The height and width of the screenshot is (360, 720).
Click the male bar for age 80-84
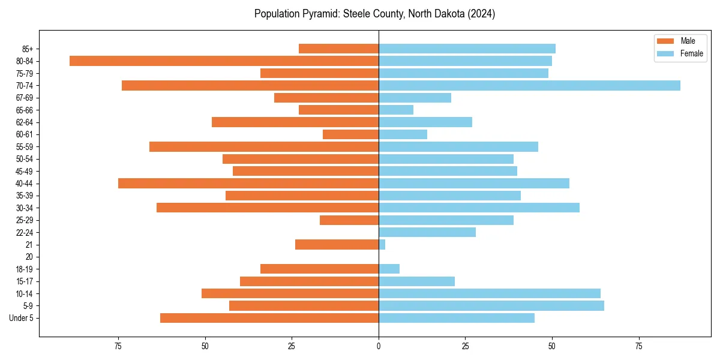224,61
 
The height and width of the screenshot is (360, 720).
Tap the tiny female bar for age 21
382,245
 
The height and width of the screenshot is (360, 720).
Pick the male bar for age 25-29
349,220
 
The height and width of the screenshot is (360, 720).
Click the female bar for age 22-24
427,232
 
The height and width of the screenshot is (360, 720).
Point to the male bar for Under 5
269,318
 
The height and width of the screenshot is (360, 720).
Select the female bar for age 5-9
491,306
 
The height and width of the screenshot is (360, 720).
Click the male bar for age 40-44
248,184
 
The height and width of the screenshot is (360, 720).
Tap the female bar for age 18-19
389,269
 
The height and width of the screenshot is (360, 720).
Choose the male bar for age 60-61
350,134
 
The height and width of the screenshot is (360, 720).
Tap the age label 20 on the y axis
29,257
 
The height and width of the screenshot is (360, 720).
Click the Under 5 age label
21,318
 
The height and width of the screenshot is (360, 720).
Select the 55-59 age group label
25,147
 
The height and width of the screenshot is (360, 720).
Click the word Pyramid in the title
323,14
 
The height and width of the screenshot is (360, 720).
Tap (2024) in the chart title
482,14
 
